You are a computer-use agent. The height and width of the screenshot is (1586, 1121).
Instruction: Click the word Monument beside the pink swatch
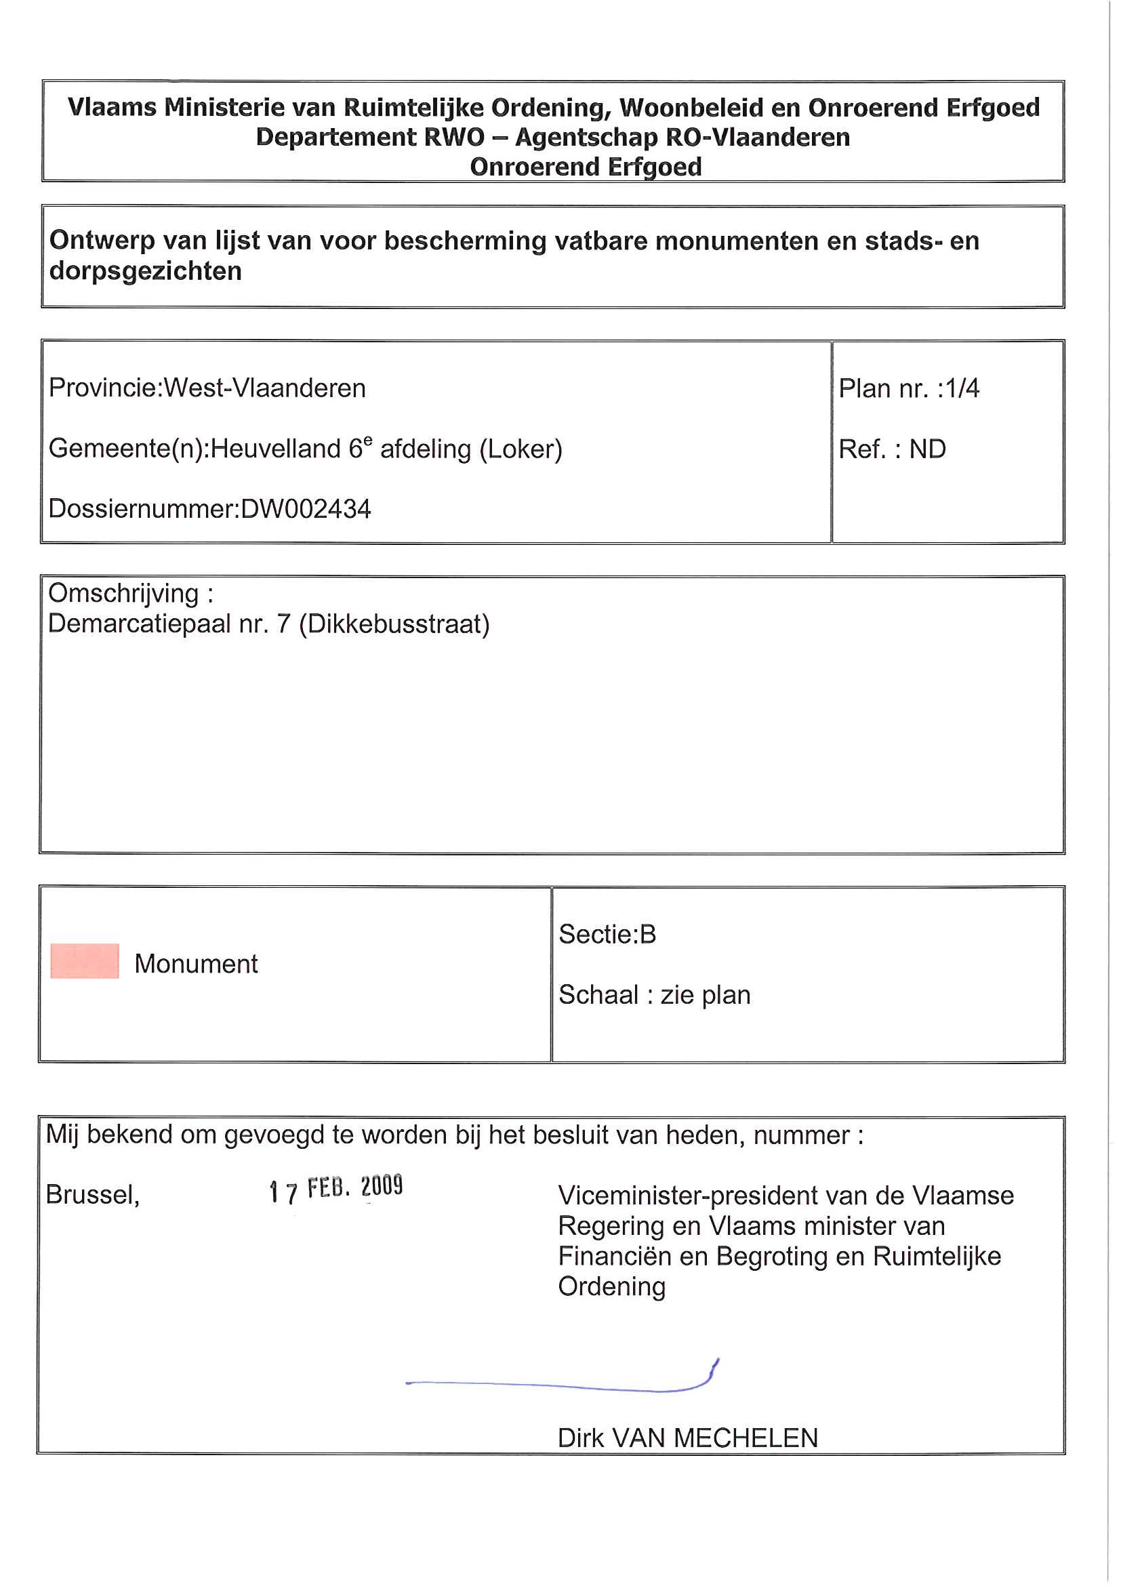coord(196,964)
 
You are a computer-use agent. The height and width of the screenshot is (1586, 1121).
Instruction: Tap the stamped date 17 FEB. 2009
coord(335,1188)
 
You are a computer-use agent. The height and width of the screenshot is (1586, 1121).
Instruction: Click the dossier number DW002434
coord(305,509)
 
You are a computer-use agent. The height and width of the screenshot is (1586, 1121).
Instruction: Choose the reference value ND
coord(927,449)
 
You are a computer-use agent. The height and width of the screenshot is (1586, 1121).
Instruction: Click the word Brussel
coord(92,1194)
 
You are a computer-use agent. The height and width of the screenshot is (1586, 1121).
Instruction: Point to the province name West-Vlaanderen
coord(264,388)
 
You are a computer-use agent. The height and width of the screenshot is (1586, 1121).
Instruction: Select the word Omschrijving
coord(123,593)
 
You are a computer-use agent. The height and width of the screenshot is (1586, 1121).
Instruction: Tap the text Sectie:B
coord(607,934)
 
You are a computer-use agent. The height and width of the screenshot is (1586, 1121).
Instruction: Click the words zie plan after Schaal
coord(706,995)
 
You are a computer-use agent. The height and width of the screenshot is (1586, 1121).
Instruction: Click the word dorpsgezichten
coord(145,271)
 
